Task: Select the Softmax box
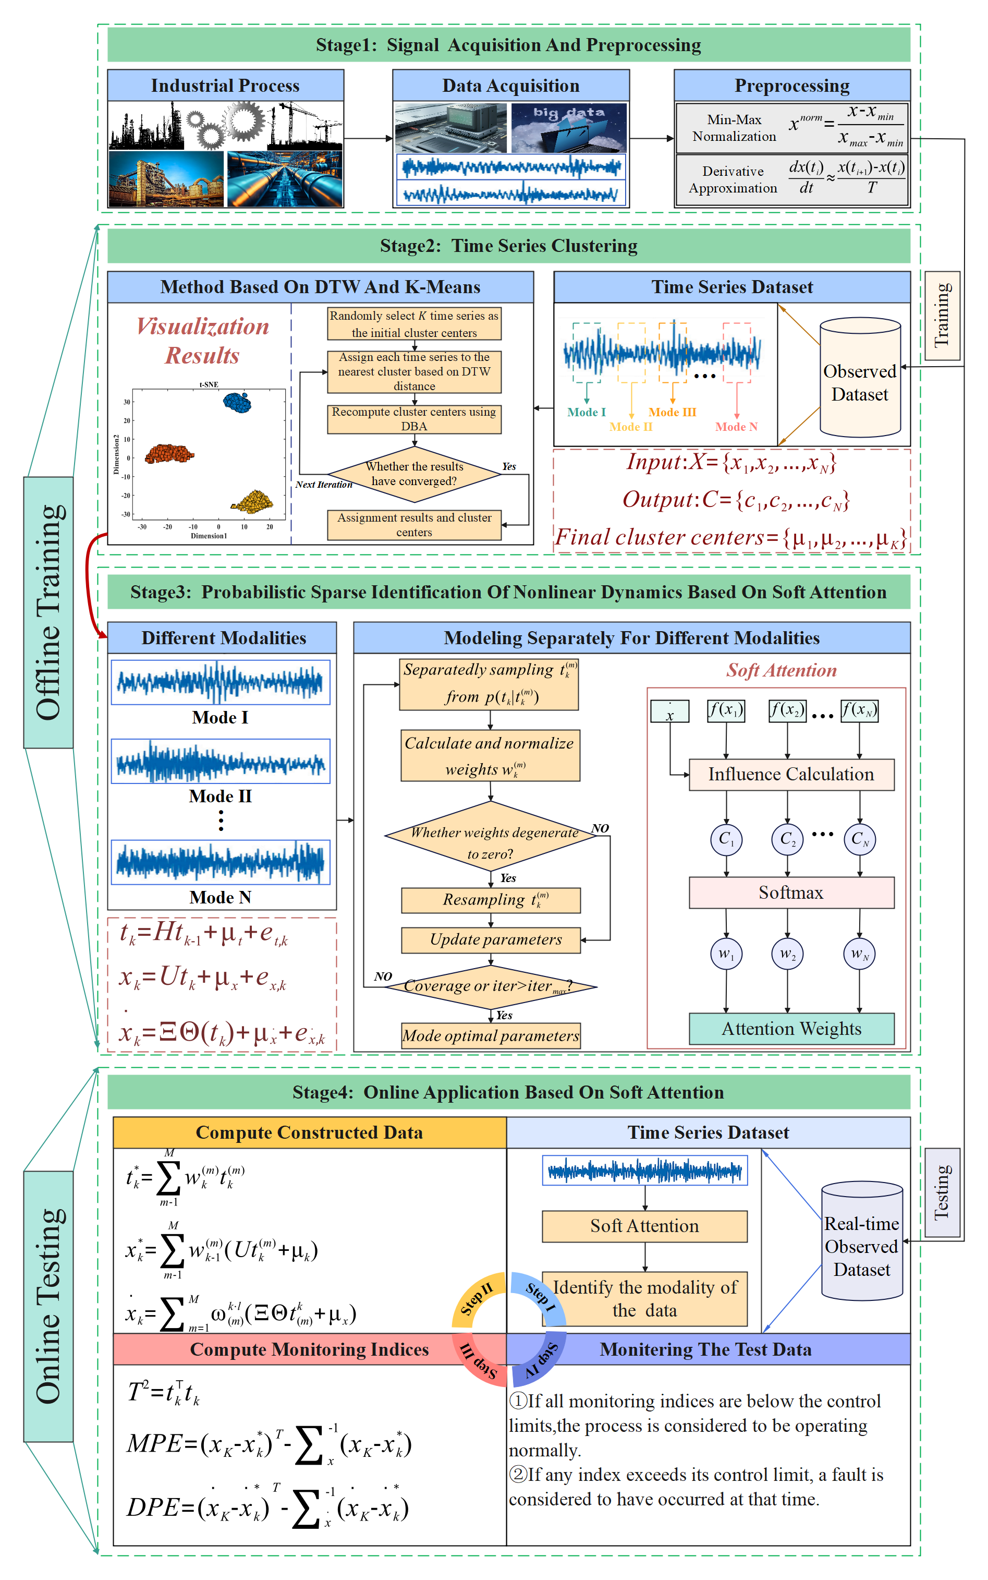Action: pos(791,892)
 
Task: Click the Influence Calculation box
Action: pos(791,774)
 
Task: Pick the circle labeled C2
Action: pos(787,839)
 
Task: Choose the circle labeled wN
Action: pos(859,955)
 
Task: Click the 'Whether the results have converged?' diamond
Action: pos(414,474)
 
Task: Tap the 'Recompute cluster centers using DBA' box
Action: pos(414,419)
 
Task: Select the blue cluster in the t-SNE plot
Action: pos(237,402)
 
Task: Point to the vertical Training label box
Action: pos(942,315)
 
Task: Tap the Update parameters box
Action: pos(491,939)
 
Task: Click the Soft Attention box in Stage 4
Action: pos(644,1226)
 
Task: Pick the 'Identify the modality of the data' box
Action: pos(644,1298)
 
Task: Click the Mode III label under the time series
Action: pos(673,412)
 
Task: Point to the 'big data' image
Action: pos(568,127)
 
